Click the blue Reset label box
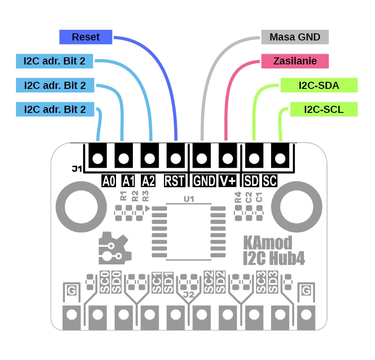tap(86, 37)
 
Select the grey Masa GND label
tap(295, 37)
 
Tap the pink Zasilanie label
tap(295, 61)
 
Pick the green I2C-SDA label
tap(319, 85)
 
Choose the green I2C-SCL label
tap(323, 109)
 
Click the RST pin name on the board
tap(175, 181)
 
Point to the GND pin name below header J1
tap(204, 181)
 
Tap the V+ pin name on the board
tap(228, 181)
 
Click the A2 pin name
tap(148, 181)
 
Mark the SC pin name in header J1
tap(270, 181)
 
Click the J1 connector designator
tap(76, 169)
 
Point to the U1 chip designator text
tap(189, 200)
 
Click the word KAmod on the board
tap(267, 243)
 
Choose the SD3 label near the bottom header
tap(273, 281)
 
